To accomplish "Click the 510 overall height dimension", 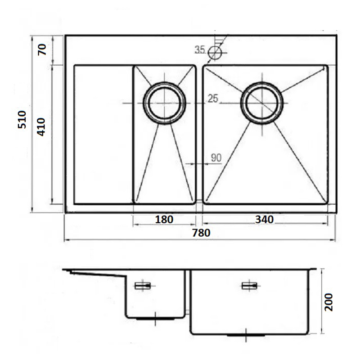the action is pos(22,119).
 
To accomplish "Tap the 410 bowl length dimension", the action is pos(41,127).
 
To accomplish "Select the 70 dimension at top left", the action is pos(42,49).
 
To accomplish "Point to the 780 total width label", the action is pos(201,233).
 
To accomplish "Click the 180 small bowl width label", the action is pos(164,220).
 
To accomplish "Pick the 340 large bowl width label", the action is pos(264,220).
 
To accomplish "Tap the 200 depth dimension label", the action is pos(328,302).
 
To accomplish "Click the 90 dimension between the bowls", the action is pos(216,158).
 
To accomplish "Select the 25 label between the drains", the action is pos(213,99).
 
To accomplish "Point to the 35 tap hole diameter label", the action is pos(199,49).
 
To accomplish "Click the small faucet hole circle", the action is pos(215,53).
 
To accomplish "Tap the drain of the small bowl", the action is pos(164,103).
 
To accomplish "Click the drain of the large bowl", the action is pos(262,103).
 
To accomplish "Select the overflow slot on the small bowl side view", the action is pos(143,286).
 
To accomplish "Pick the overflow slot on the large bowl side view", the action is pos(250,286).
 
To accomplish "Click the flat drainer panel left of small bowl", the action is pos(103,135).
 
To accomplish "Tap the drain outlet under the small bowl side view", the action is pos(155,319).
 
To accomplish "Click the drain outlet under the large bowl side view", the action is pos(246,335).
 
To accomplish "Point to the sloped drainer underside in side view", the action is pos(98,273).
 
